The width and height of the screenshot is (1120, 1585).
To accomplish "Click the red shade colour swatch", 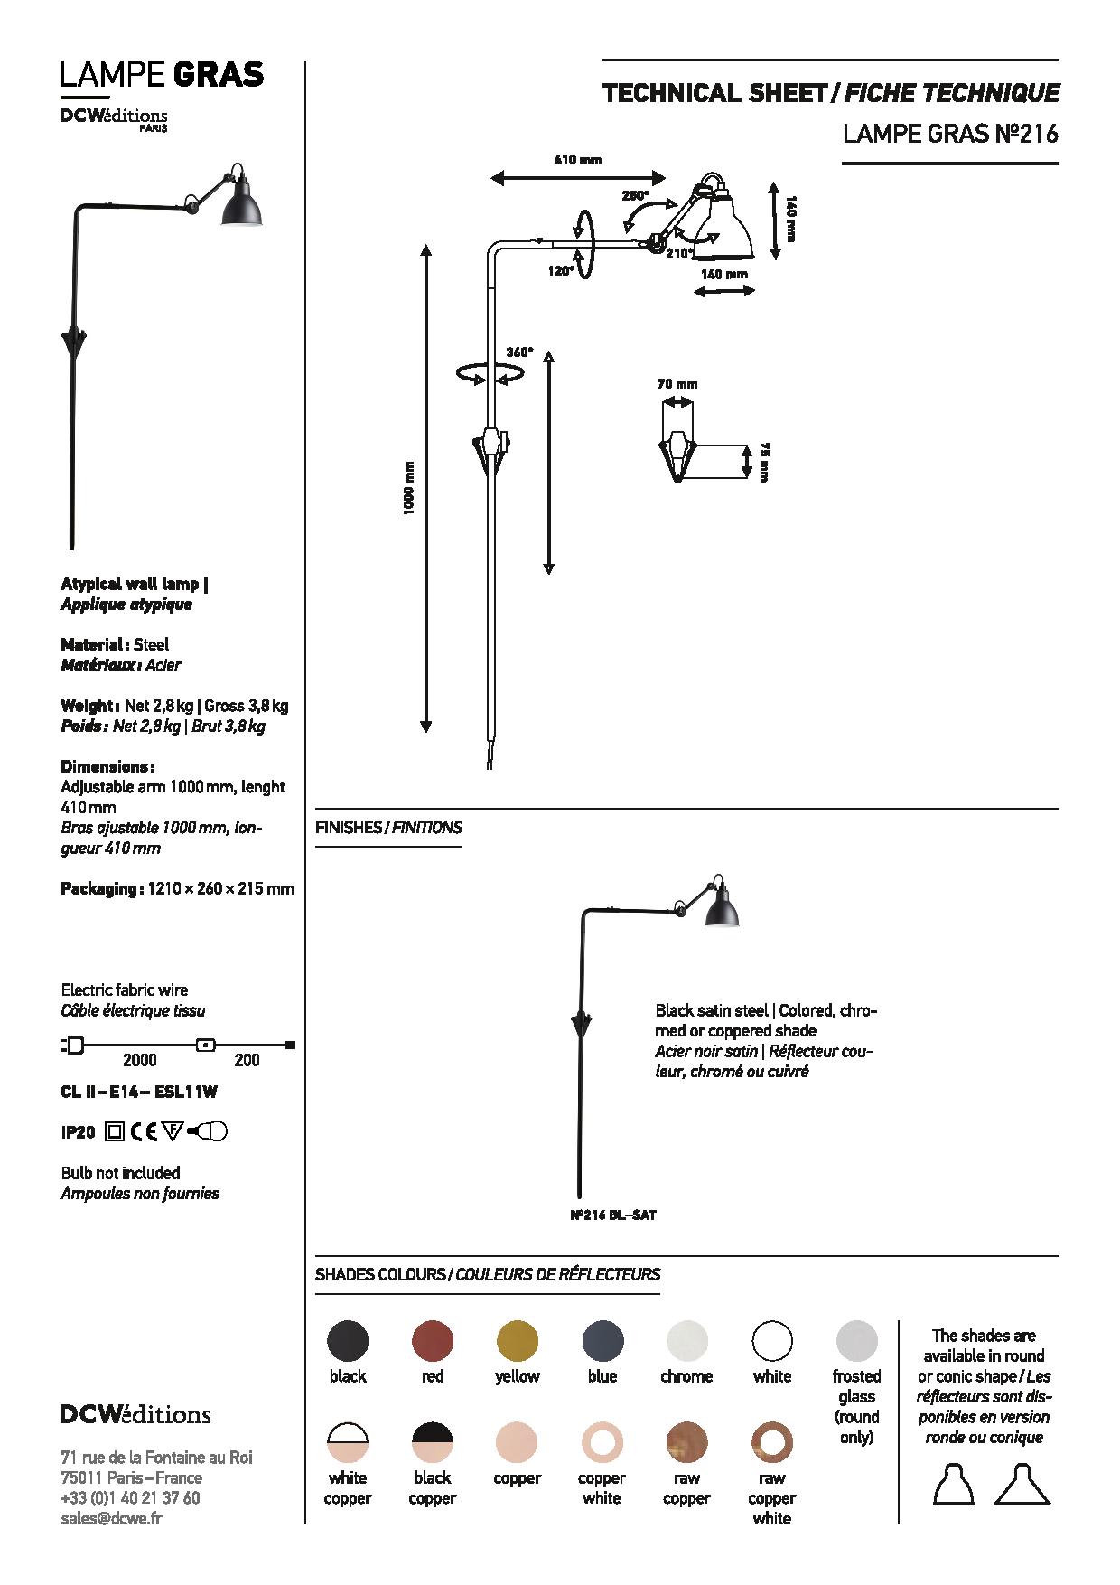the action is (433, 1341).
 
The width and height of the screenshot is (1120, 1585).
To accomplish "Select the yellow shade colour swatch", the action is (518, 1341).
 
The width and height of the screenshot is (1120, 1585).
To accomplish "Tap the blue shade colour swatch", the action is (602, 1341).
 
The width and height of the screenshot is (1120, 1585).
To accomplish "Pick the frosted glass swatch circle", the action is (856, 1341).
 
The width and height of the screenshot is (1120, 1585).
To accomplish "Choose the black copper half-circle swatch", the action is (433, 1443).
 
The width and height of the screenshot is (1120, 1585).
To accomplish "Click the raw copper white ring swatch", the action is (772, 1443).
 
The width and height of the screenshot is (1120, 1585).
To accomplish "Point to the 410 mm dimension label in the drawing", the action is (577, 160).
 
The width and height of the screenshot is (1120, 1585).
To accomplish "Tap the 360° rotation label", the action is (519, 352).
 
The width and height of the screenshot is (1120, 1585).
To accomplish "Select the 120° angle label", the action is (561, 270).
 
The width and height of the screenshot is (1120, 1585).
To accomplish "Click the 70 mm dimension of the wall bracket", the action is (677, 384).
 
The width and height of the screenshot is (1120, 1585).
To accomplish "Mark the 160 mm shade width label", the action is (724, 274).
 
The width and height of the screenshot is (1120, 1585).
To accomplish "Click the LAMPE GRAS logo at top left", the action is (162, 73).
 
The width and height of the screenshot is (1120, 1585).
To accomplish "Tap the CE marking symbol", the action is (145, 1130).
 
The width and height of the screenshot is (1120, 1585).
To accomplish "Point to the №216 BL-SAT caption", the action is (613, 1215).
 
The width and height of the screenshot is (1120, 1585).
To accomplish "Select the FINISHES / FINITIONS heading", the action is (388, 827).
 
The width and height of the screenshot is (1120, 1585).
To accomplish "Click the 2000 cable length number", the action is (139, 1060).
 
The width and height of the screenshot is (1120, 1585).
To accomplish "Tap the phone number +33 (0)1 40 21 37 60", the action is (130, 1497).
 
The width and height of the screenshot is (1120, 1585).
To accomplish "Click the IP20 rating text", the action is (79, 1130).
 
